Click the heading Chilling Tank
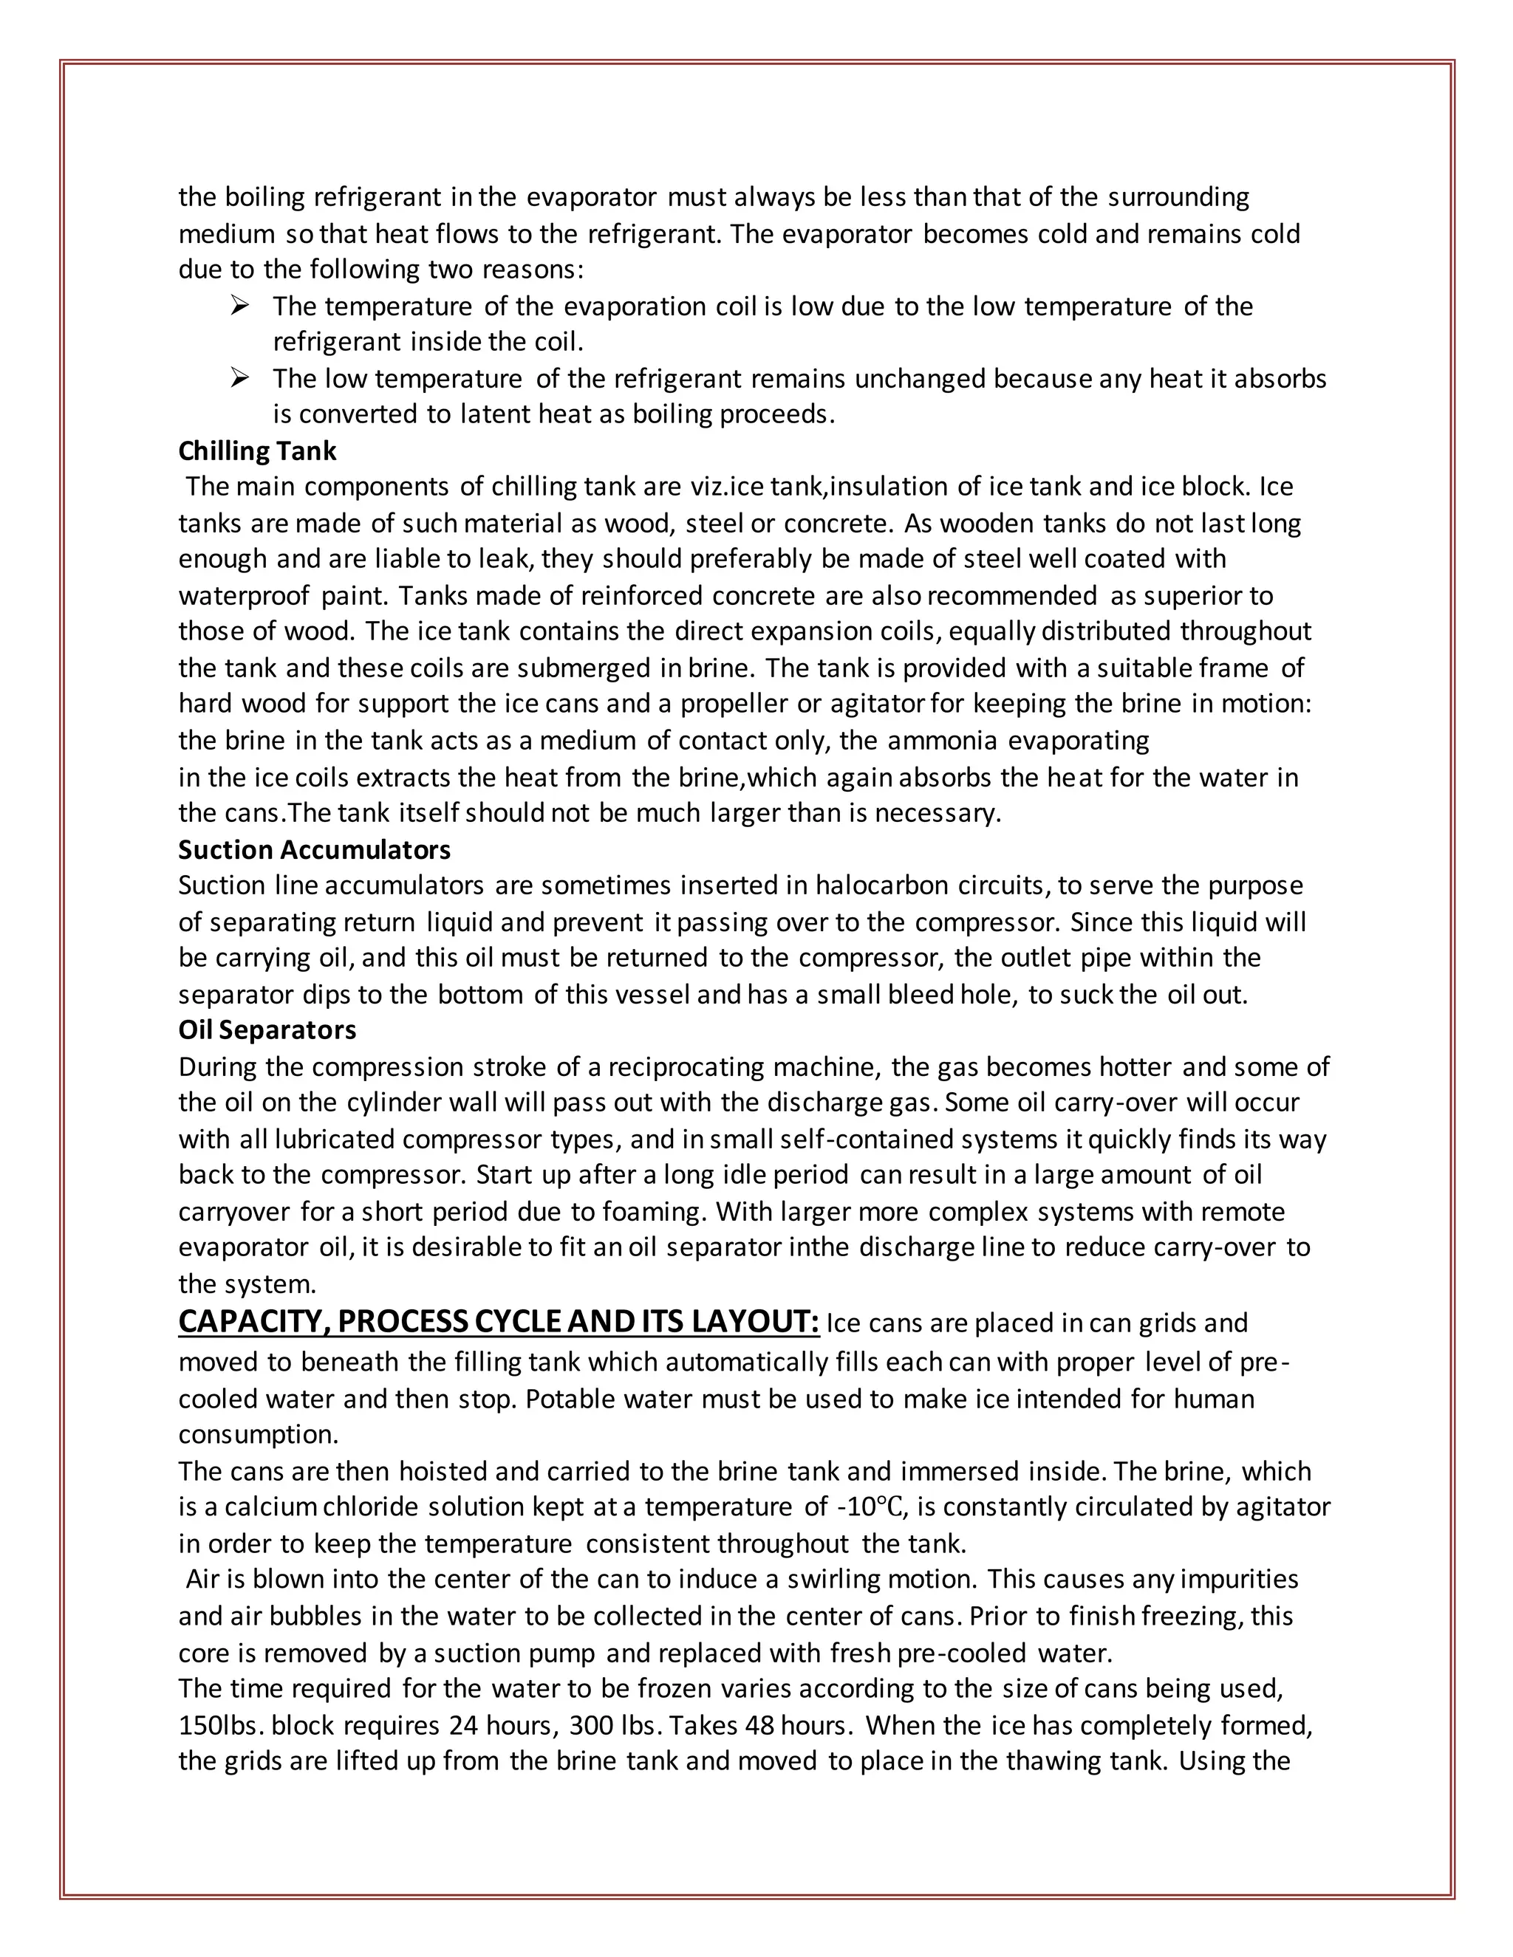pos(257,450)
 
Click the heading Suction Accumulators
pos(314,849)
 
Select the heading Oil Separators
pos(267,1029)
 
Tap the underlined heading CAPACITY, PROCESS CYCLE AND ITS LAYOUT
pos(499,1322)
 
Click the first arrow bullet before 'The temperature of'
pos(239,306)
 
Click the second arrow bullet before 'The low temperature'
pos(239,379)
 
